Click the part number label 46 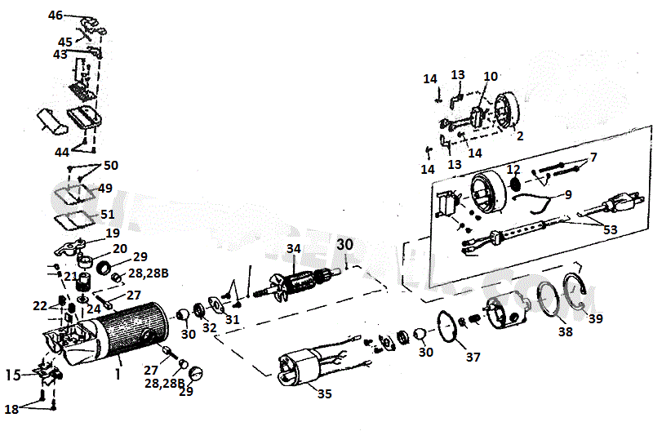[56, 16]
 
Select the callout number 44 [62, 153]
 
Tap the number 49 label [104, 188]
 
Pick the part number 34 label [294, 248]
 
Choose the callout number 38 [566, 332]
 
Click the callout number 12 [513, 169]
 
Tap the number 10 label [491, 76]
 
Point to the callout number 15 [12, 375]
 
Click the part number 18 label [12, 408]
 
